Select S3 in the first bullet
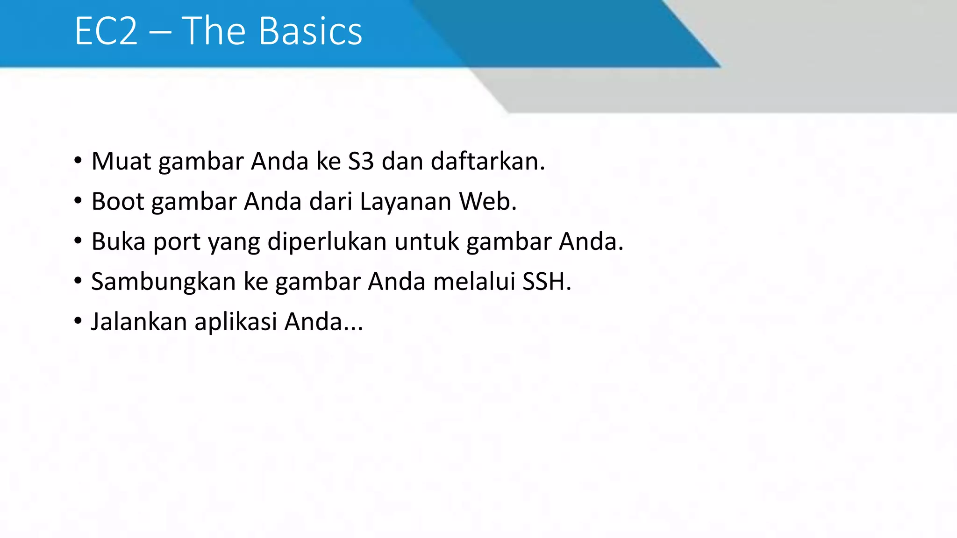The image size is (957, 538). (361, 162)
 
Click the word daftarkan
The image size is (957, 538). (487, 162)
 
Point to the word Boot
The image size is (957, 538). (118, 202)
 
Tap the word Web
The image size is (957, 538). (487, 202)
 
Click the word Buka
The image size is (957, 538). (118, 242)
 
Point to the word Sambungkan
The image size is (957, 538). (163, 283)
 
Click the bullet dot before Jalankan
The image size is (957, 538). (78, 321)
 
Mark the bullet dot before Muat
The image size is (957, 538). (78, 161)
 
